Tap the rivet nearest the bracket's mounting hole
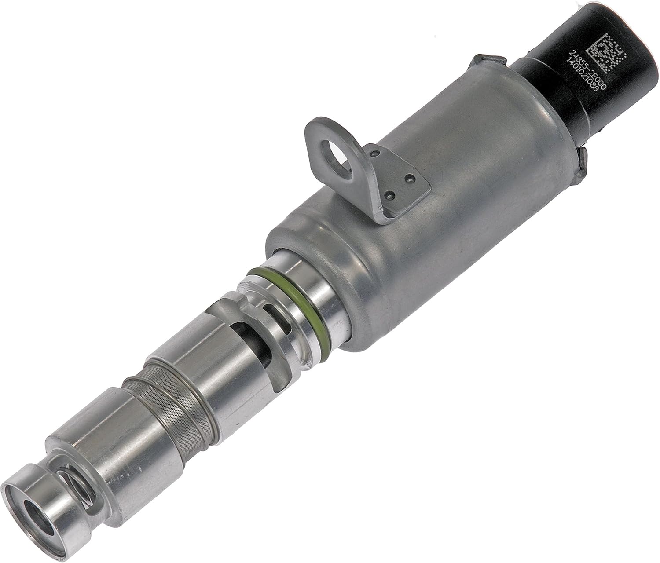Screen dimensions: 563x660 click(377, 153)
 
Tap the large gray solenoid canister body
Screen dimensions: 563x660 click(444, 185)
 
